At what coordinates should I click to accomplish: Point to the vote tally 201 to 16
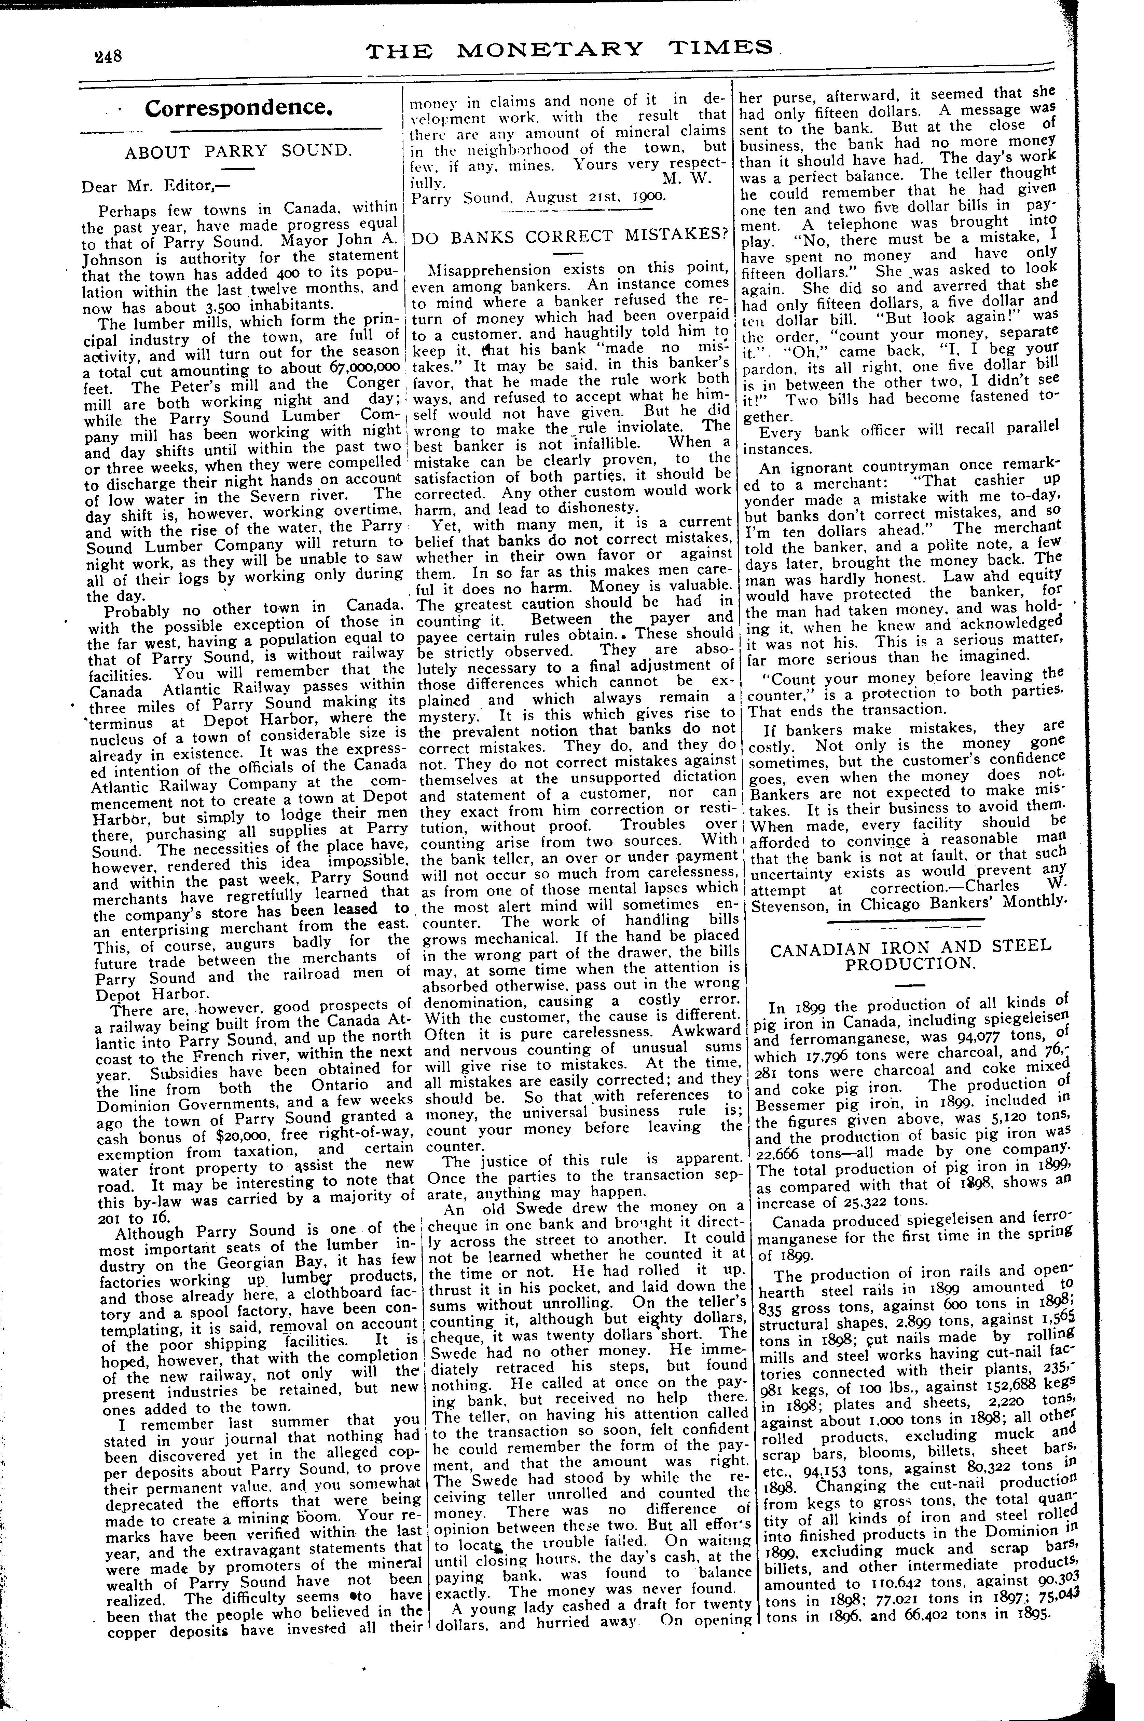pyautogui.click(x=139, y=1218)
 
